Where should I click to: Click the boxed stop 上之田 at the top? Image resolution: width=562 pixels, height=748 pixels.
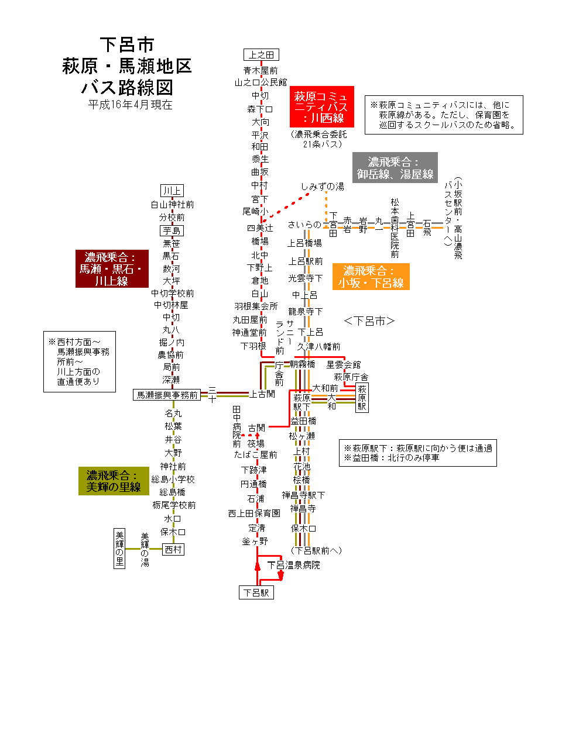pos(261,54)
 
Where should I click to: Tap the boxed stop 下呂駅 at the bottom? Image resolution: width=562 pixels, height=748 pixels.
pos(256,592)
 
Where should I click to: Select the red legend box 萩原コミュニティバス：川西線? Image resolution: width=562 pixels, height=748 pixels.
pos(321,107)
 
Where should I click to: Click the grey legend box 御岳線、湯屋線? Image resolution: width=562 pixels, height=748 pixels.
pos(395,168)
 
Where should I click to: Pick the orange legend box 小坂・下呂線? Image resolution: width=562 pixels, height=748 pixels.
pos(371,277)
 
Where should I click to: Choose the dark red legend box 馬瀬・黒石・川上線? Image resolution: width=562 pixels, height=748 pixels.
pos(112,269)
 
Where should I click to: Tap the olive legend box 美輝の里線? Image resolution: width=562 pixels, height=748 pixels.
pos(114,481)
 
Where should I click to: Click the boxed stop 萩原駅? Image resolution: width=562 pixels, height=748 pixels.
pos(362,398)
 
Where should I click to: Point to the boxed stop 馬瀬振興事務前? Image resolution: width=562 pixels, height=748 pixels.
pos(167,395)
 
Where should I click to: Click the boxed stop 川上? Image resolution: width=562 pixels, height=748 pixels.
pos(172,191)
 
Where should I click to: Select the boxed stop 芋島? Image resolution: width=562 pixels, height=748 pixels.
pos(172,230)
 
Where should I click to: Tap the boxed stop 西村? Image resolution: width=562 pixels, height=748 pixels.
pos(173,549)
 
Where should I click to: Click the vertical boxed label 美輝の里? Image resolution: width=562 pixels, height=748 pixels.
pos(119,549)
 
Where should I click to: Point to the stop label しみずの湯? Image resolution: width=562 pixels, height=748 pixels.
pos(323,187)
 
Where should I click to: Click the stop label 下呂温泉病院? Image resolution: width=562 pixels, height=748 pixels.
pos(294,565)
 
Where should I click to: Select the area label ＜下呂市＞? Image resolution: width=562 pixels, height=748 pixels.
pos(369,320)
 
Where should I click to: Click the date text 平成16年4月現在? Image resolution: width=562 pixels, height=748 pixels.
pos(131,105)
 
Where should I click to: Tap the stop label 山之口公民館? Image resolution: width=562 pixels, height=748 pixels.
pos(261,82)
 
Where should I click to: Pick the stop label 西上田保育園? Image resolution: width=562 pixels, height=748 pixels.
pos(254,513)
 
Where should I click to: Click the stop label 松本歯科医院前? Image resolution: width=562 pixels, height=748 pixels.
pos(395,228)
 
